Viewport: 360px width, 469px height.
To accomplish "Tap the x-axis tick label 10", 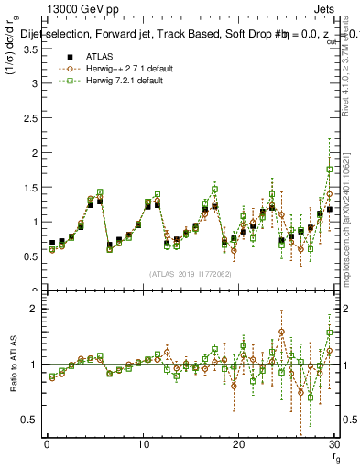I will (x=142, y=444).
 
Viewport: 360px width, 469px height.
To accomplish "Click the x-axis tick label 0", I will (x=46, y=444).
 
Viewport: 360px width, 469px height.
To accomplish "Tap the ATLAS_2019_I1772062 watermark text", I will (x=190, y=273).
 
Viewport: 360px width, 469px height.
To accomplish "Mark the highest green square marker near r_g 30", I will (x=330, y=169).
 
